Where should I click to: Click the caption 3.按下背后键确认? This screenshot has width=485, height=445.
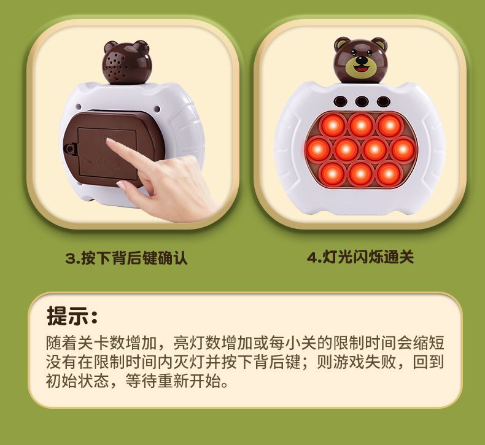pos(126,258)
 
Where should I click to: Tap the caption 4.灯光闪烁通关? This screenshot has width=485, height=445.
pos(360,257)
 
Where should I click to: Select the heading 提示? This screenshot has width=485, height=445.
pos(72,315)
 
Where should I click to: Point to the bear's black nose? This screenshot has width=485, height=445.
pos(360,60)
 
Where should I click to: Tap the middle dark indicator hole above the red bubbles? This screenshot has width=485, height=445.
pos(362,101)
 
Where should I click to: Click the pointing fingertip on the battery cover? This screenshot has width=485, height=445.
pos(109,141)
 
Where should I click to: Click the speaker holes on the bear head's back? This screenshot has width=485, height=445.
pos(117,66)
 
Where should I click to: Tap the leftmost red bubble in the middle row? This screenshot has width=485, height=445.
pos(317,150)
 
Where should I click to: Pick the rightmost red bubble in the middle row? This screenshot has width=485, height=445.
pos(403,150)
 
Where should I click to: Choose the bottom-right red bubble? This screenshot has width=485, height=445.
pos(389,174)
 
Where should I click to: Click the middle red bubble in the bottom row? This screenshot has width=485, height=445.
pos(360,174)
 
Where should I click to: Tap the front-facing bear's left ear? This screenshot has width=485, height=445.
pos(341,44)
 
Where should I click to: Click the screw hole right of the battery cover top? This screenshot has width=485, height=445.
pos(157,109)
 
